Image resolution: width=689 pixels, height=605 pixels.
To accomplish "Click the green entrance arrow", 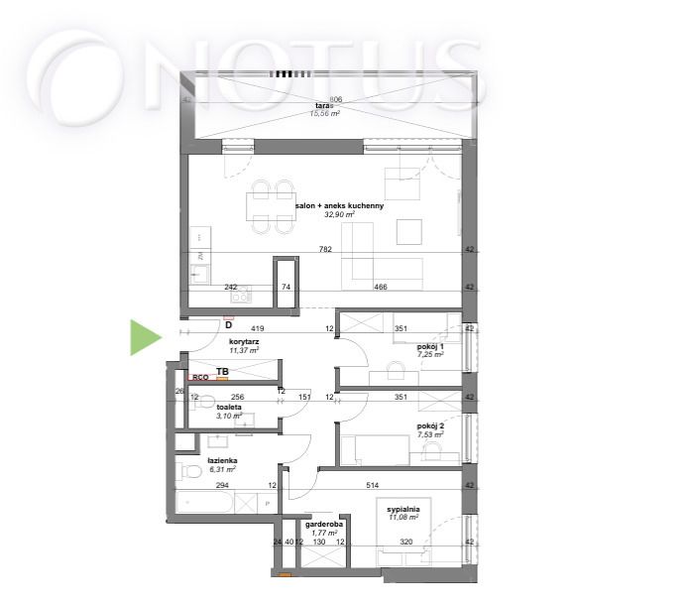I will (145, 337).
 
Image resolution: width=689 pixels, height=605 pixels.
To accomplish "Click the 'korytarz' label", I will (244, 341).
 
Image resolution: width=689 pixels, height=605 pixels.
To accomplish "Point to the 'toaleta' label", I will (229, 407).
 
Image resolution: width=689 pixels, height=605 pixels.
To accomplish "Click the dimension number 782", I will (326, 250).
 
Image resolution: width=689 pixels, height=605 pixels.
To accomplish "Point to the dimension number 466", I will (379, 287).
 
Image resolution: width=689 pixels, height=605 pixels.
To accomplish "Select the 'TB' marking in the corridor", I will (223, 372).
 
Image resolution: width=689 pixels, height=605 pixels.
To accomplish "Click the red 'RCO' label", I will (200, 377).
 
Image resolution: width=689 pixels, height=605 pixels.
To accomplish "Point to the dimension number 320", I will (406, 543).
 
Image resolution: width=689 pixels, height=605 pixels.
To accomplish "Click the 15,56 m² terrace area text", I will (323, 115).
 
